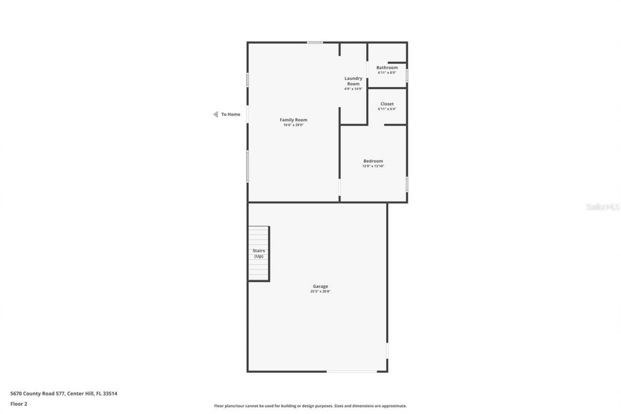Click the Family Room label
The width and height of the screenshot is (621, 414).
(293, 120)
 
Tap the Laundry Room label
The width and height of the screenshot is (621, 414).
(353, 81)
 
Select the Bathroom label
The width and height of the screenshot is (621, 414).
(387, 67)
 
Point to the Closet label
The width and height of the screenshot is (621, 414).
(387, 104)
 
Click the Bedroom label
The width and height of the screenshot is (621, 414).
(373, 161)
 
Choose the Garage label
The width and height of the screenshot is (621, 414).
(320, 286)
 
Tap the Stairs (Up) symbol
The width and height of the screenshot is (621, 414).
(259, 253)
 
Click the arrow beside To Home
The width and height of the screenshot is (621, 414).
(215, 115)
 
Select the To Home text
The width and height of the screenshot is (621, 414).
(230, 115)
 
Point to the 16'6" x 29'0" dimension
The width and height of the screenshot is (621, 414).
(293, 125)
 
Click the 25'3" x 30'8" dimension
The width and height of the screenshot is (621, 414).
(320, 292)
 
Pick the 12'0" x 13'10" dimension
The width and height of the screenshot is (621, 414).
(373, 166)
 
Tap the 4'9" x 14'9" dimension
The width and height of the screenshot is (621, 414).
(353, 89)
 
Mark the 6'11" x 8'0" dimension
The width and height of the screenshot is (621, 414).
(387, 73)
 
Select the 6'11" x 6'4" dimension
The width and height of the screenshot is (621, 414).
(387, 109)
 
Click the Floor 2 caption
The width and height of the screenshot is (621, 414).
(18, 403)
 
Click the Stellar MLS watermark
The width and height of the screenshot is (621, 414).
(603, 207)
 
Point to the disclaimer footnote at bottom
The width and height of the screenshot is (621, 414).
(310, 406)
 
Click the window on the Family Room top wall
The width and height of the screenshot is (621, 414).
(315, 42)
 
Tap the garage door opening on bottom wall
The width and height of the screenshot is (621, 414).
(351, 372)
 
